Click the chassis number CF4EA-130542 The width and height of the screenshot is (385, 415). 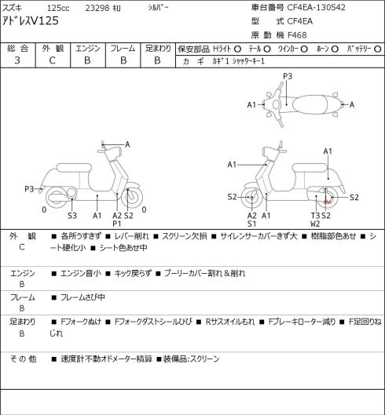(x=316, y=7)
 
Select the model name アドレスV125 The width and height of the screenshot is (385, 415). (x=31, y=21)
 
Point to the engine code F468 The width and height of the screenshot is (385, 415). (x=297, y=35)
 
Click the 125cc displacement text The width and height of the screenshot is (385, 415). (x=58, y=8)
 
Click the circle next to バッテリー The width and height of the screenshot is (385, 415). (x=378, y=49)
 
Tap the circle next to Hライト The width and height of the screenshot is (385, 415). (x=237, y=49)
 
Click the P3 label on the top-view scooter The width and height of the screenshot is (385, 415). (x=288, y=76)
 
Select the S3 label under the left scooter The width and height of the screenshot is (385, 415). (x=72, y=216)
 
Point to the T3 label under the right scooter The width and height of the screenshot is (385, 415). (x=315, y=216)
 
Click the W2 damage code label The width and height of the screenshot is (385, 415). (x=315, y=224)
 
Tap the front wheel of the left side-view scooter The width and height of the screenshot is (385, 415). (x=132, y=198)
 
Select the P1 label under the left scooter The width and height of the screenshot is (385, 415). (x=116, y=224)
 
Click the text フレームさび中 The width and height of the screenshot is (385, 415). (x=82, y=297)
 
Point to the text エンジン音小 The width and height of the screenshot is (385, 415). (x=81, y=273)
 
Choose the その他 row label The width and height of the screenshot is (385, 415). (x=23, y=359)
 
